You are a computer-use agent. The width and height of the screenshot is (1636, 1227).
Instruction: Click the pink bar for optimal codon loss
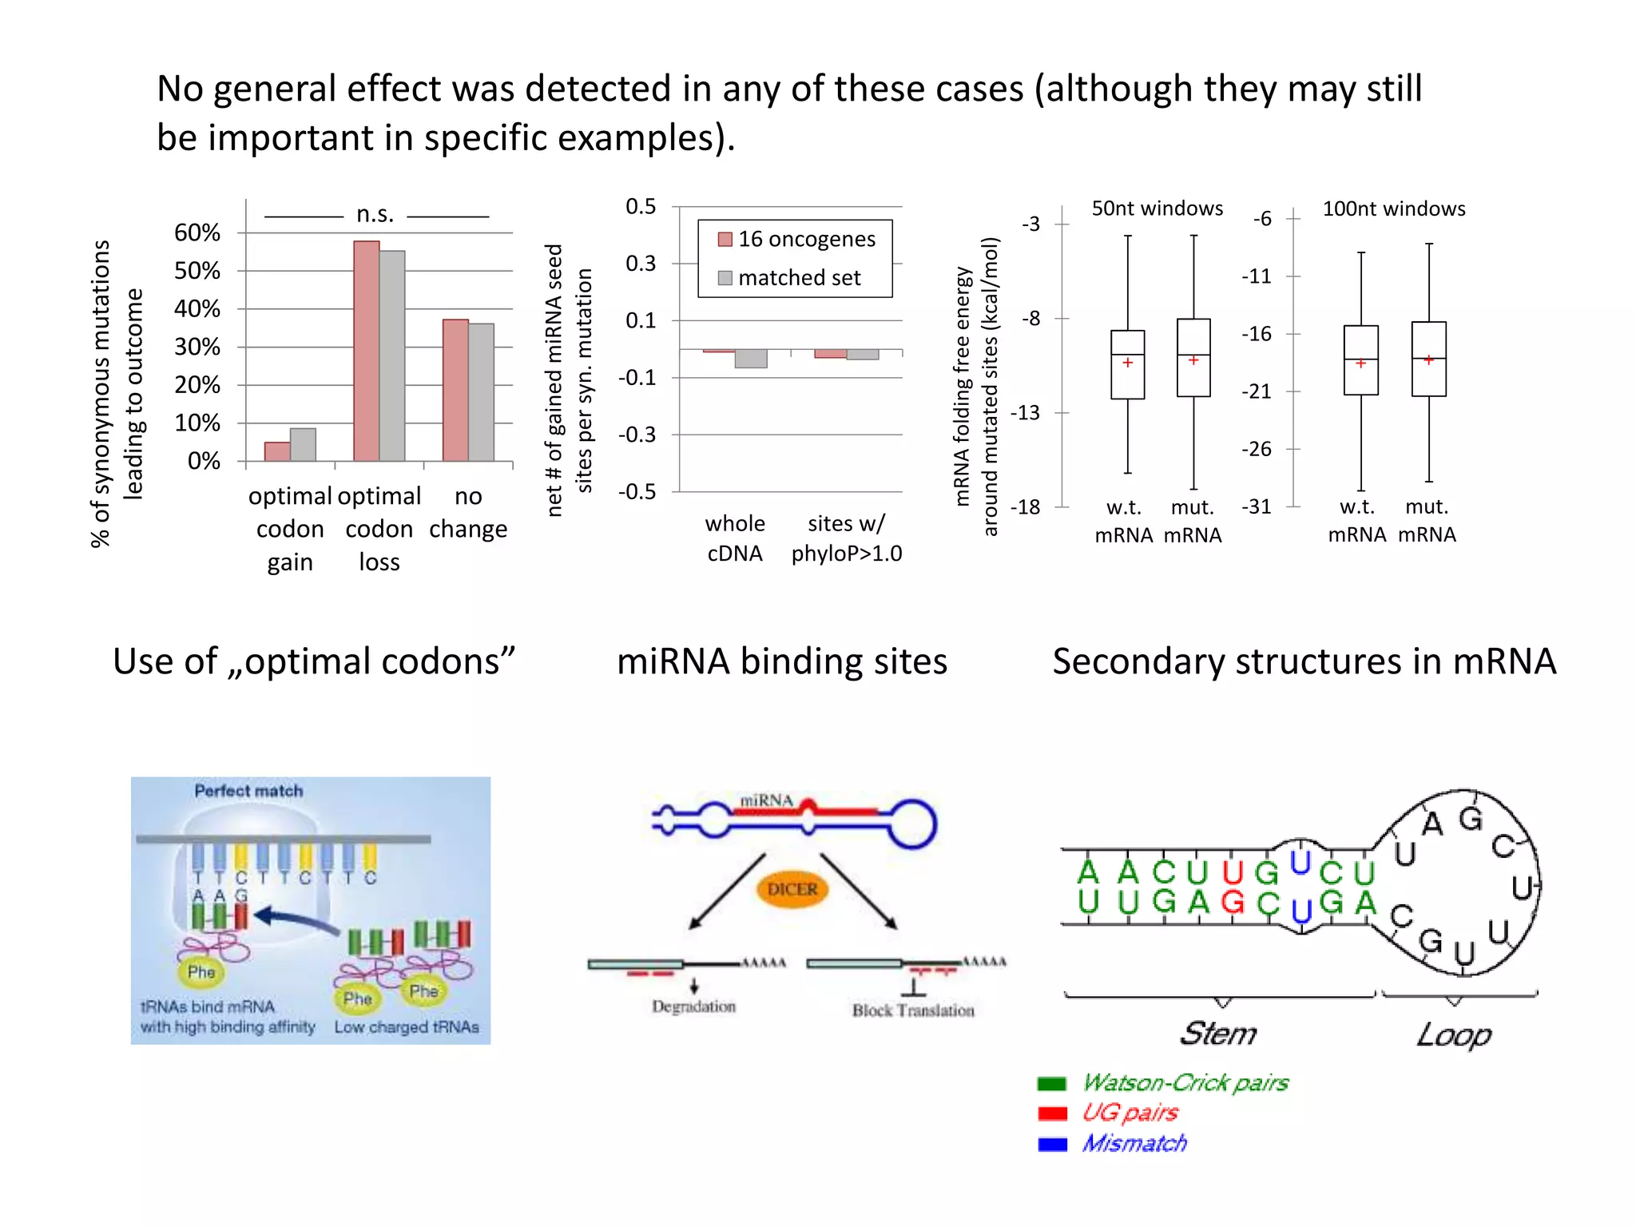pyautogui.click(x=367, y=351)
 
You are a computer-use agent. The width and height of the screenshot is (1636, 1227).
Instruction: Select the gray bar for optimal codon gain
pyautogui.click(x=303, y=445)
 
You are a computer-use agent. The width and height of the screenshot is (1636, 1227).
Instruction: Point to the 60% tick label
pyautogui.click(x=197, y=232)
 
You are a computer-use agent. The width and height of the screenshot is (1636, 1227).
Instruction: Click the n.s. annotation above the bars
pyautogui.click(x=375, y=214)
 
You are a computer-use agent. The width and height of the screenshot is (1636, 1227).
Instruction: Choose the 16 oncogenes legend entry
pyautogui.click(x=796, y=239)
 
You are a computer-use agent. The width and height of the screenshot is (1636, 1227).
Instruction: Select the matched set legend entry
pyautogui.click(x=790, y=278)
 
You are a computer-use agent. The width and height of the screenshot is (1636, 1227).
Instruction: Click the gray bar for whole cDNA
pyautogui.click(x=751, y=359)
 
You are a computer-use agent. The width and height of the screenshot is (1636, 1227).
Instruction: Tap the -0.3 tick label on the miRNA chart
pyautogui.click(x=637, y=435)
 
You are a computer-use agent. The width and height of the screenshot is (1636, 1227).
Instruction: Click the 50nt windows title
pyautogui.click(x=1157, y=208)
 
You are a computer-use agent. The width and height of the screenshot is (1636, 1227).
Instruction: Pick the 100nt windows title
pyautogui.click(x=1394, y=208)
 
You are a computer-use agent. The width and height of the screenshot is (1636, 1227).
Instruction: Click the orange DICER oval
pyautogui.click(x=792, y=889)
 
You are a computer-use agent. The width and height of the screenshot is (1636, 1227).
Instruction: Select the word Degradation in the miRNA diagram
pyautogui.click(x=693, y=1007)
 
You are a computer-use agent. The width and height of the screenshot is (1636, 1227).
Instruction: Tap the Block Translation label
pyautogui.click(x=913, y=1011)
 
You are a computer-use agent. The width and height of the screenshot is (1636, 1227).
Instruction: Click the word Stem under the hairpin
pyautogui.click(x=1218, y=1034)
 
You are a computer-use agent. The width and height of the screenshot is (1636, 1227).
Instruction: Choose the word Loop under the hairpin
pyautogui.click(x=1454, y=1035)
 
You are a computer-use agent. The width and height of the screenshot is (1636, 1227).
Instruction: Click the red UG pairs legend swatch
pyautogui.click(x=1052, y=1114)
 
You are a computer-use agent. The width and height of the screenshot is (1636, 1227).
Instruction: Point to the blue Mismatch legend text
pyautogui.click(x=1134, y=1144)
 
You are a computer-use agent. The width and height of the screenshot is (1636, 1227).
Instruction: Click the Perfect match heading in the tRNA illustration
pyautogui.click(x=248, y=791)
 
